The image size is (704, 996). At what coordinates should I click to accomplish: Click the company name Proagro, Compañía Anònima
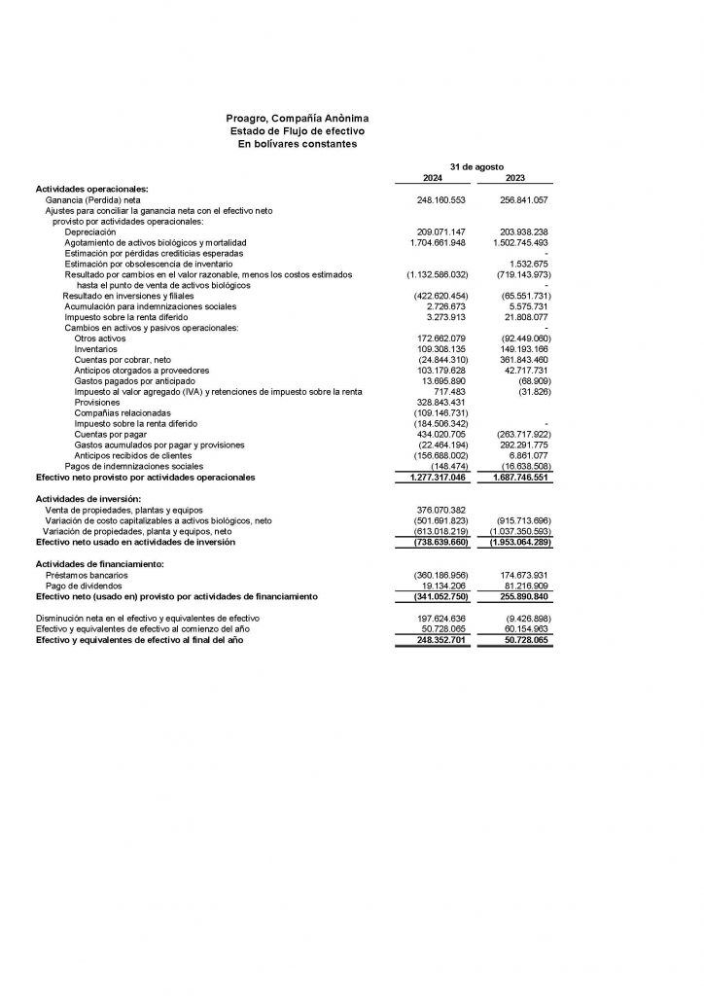click(x=298, y=118)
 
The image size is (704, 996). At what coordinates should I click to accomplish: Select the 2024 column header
click(x=432, y=178)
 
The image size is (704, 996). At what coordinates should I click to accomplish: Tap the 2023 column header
click(x=515, y=178)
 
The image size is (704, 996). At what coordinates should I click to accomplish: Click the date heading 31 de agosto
click(x=474, y=167)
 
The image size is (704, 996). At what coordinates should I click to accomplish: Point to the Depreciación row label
click(x=89, y=231)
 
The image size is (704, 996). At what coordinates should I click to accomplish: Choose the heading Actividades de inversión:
click(x=87, y=499)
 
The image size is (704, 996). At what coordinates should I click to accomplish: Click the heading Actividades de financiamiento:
click(x=97, y=563)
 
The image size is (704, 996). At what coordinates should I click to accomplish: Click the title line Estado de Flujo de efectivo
click(x=298, y=130)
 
